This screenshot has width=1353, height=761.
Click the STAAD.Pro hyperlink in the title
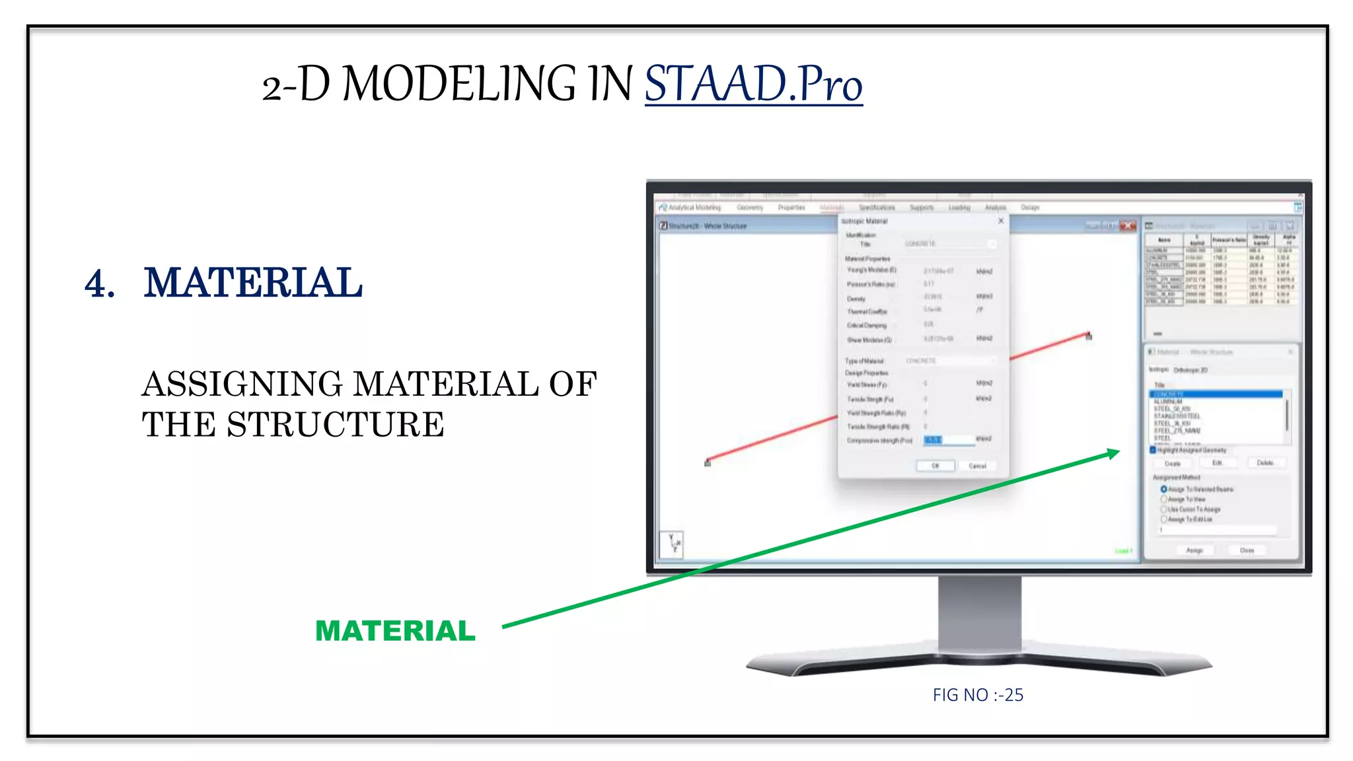click(753, 85)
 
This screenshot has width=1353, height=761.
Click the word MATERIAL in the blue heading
click(253, 283)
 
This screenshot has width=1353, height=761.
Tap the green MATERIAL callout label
click(395, 631)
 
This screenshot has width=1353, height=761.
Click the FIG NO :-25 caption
click(978, 695)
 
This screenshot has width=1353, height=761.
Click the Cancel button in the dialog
click(977, 466)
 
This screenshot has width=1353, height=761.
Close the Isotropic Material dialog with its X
click(1001, 221)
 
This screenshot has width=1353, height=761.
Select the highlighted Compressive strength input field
click(949, 440)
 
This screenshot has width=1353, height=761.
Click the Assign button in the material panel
click(1194, 550)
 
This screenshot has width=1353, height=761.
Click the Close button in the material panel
click(1247, 550)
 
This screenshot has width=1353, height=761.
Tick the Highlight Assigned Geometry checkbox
click(1153, 450)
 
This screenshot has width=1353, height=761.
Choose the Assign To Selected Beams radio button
click(1163, 489)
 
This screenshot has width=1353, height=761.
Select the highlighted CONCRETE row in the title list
click(1216, 394)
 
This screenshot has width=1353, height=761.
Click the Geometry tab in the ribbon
click(750, 207)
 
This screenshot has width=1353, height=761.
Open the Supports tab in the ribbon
click(922, 207)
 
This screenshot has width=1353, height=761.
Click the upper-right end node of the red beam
click(1089, 336)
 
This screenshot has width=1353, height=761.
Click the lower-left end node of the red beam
click(708, 462)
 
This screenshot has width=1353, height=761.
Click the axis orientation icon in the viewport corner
click(673, 544)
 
